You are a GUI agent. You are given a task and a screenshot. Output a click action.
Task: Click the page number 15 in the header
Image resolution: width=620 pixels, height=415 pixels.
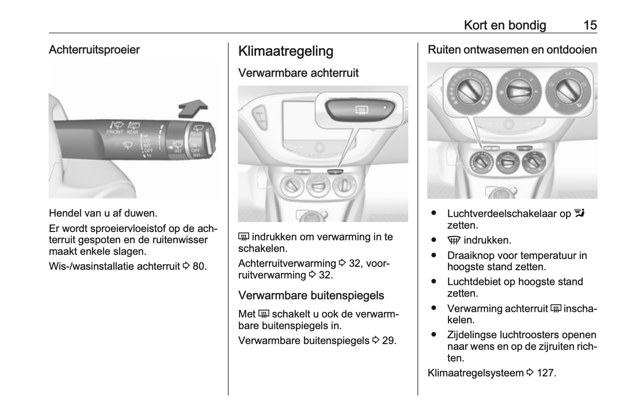[x=590, y=25]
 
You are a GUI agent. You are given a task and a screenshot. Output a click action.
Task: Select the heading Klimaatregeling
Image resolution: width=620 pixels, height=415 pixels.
[x=285, y=51]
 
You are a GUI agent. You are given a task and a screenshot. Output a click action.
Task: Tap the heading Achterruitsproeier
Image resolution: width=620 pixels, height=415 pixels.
[x=94, y=50]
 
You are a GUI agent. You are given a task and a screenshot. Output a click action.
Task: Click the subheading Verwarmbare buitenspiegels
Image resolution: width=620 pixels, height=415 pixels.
[x=311, y=296]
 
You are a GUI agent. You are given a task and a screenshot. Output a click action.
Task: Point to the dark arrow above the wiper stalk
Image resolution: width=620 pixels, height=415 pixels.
[x=193, y=107]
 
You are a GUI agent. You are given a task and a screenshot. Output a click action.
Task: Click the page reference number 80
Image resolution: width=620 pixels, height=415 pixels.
[x=199, y=266]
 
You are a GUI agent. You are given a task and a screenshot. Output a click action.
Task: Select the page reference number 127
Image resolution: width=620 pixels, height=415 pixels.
[x=545, y=373]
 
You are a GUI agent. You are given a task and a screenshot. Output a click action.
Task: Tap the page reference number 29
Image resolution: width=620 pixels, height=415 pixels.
[x=389, y=341]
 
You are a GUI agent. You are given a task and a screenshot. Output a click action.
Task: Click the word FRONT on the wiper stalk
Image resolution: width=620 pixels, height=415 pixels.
[x=115, y=132]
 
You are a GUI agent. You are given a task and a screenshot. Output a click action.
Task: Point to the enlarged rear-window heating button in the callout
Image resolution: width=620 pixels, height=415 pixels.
[x=360, y=109]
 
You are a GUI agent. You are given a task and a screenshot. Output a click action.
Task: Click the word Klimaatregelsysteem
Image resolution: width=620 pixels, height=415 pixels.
[x=475, y=373]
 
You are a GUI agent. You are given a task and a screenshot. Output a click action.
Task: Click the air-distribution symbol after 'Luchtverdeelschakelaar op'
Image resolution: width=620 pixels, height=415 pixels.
[x=580, y=213]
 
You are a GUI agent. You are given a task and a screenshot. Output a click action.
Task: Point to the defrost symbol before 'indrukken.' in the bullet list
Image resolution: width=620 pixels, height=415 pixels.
[x=454, y=241]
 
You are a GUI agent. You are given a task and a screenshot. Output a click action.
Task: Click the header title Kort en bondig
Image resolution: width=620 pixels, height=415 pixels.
[x=505, y=25]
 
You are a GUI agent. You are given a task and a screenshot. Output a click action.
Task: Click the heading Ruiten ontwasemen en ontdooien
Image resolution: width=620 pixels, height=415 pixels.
[x=512, y=50]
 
